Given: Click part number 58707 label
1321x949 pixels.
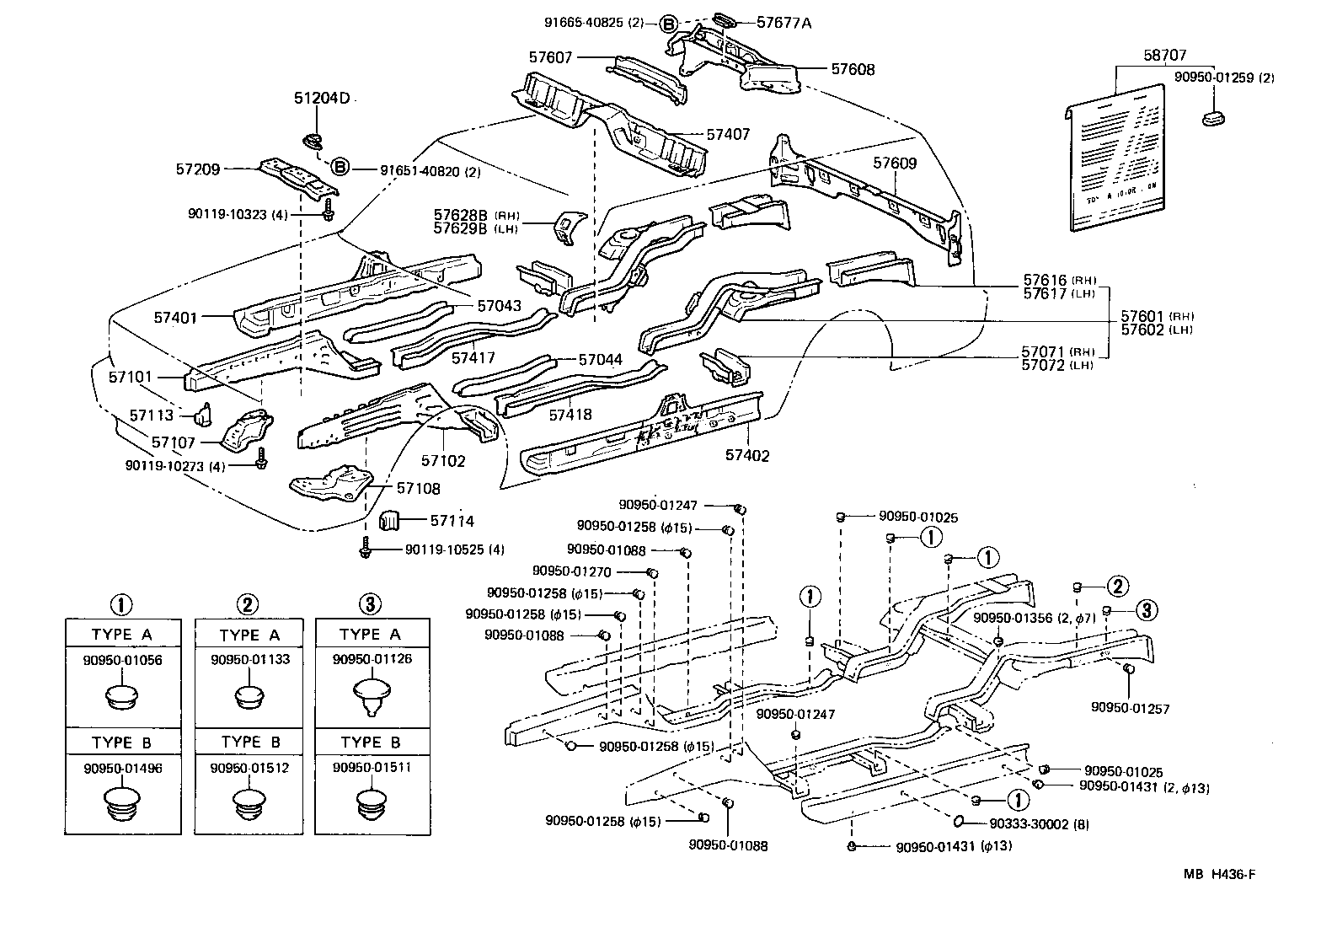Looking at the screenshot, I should [x=1165, y=56].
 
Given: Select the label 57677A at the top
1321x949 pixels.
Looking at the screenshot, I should [x=784, y=23].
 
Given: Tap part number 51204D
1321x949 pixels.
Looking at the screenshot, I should [x=321, y=99].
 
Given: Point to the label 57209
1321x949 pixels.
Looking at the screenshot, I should [x=198, y=169].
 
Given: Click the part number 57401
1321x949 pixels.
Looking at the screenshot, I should [x=175, y=318].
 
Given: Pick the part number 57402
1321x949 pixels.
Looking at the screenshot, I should [x=747, y=455].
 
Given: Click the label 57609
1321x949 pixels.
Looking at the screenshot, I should [x=895, y=164].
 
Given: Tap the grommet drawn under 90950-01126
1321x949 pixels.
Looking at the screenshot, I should [x=371, y=696].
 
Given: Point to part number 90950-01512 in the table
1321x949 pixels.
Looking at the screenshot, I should [x=249, y=767].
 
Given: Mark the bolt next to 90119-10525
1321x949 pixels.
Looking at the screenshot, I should [x=365, y=549].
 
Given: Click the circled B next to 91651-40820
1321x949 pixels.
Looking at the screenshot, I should [x=340, y=167].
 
